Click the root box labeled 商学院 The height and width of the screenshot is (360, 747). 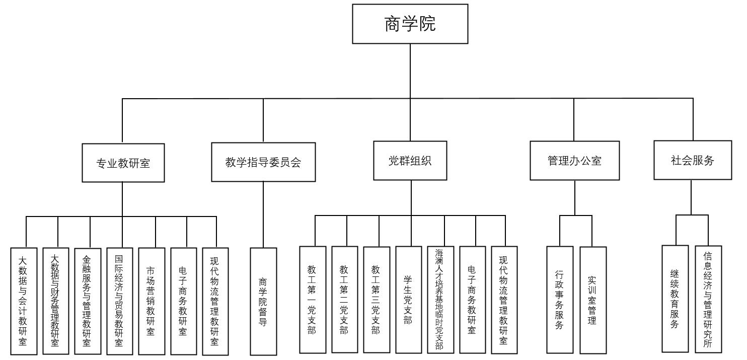point(410,24)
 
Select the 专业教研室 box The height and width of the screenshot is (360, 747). point(123,163)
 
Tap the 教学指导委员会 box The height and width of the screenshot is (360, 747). point(263,162)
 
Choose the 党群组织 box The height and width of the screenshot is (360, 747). point(410,161)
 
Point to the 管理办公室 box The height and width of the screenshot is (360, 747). point(574,161)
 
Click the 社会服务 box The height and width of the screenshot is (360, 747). point(693,160)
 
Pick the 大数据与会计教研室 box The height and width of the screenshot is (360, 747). point(24,301)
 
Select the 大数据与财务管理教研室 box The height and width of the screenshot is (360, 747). point(56,301)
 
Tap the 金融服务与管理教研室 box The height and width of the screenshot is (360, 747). point(88,301)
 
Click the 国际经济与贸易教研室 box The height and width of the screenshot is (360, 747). point(120,301)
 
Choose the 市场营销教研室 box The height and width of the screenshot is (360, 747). point(152,301)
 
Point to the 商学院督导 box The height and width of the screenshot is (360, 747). point(263,301)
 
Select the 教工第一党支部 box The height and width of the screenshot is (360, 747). point(313,300)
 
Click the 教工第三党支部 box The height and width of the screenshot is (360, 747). point(377,300)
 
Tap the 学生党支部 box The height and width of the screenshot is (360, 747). point(409,300)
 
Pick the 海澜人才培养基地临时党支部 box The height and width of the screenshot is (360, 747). point(440,300)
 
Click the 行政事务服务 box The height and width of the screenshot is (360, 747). point(560,300)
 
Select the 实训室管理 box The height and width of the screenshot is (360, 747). point(593,300)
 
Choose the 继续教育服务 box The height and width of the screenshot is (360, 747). point(675,299)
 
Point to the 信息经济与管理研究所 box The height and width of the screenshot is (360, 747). point(708,299)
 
